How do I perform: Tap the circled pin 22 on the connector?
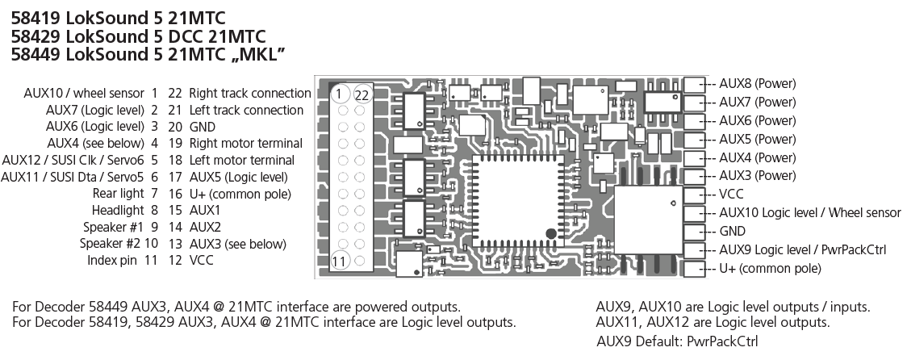coord(362,95)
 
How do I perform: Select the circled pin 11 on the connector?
coord(340,261)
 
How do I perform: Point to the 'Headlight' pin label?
coord(117,210)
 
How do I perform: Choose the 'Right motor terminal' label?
coord(246,143)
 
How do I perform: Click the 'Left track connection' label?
coord(246,110)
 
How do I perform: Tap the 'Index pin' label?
coord(111,261)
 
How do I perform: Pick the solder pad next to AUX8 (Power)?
coord(694,84)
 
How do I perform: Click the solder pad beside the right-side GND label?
coord(694,232)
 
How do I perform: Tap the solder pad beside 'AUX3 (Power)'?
coord(694,176)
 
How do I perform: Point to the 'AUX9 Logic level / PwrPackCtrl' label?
coord(802,250)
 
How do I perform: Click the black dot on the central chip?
coord(551,234)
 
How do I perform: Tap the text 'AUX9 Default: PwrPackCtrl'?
coord(677,341)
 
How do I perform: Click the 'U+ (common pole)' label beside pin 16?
coord(240,194)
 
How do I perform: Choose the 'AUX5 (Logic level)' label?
coord(238,177)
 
